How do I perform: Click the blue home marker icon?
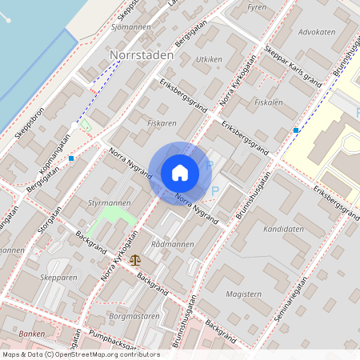click(x=180, y=173)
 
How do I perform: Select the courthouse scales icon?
click(x=134, y=260)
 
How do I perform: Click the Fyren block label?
click(x=257, y=7)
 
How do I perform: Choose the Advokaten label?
click(x=316, y=32)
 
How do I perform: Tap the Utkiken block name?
click(x=209, y=60)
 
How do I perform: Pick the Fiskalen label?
click(x=268, y=103)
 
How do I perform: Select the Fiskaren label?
click(x=162, y=124)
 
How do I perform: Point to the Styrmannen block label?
click(x=106, y=204)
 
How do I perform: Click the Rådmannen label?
click(x=173, y=244)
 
